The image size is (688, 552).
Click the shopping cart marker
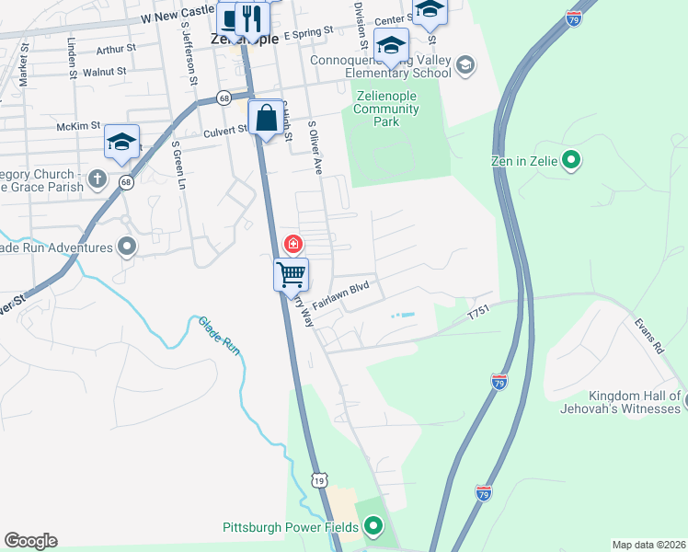[292, 273]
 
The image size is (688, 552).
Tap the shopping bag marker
[267, 118]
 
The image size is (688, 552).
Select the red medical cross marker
[292, 244]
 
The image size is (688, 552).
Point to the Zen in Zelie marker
[570, 161]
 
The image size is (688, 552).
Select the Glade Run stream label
[219, 336]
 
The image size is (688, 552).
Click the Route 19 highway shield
[318, 479]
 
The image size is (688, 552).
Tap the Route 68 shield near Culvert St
[224, 97]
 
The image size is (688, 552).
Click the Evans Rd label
[648, 337]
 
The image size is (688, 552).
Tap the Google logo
[30, 541]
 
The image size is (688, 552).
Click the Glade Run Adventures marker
[127, 247]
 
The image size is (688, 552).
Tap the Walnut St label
[103, 71]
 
